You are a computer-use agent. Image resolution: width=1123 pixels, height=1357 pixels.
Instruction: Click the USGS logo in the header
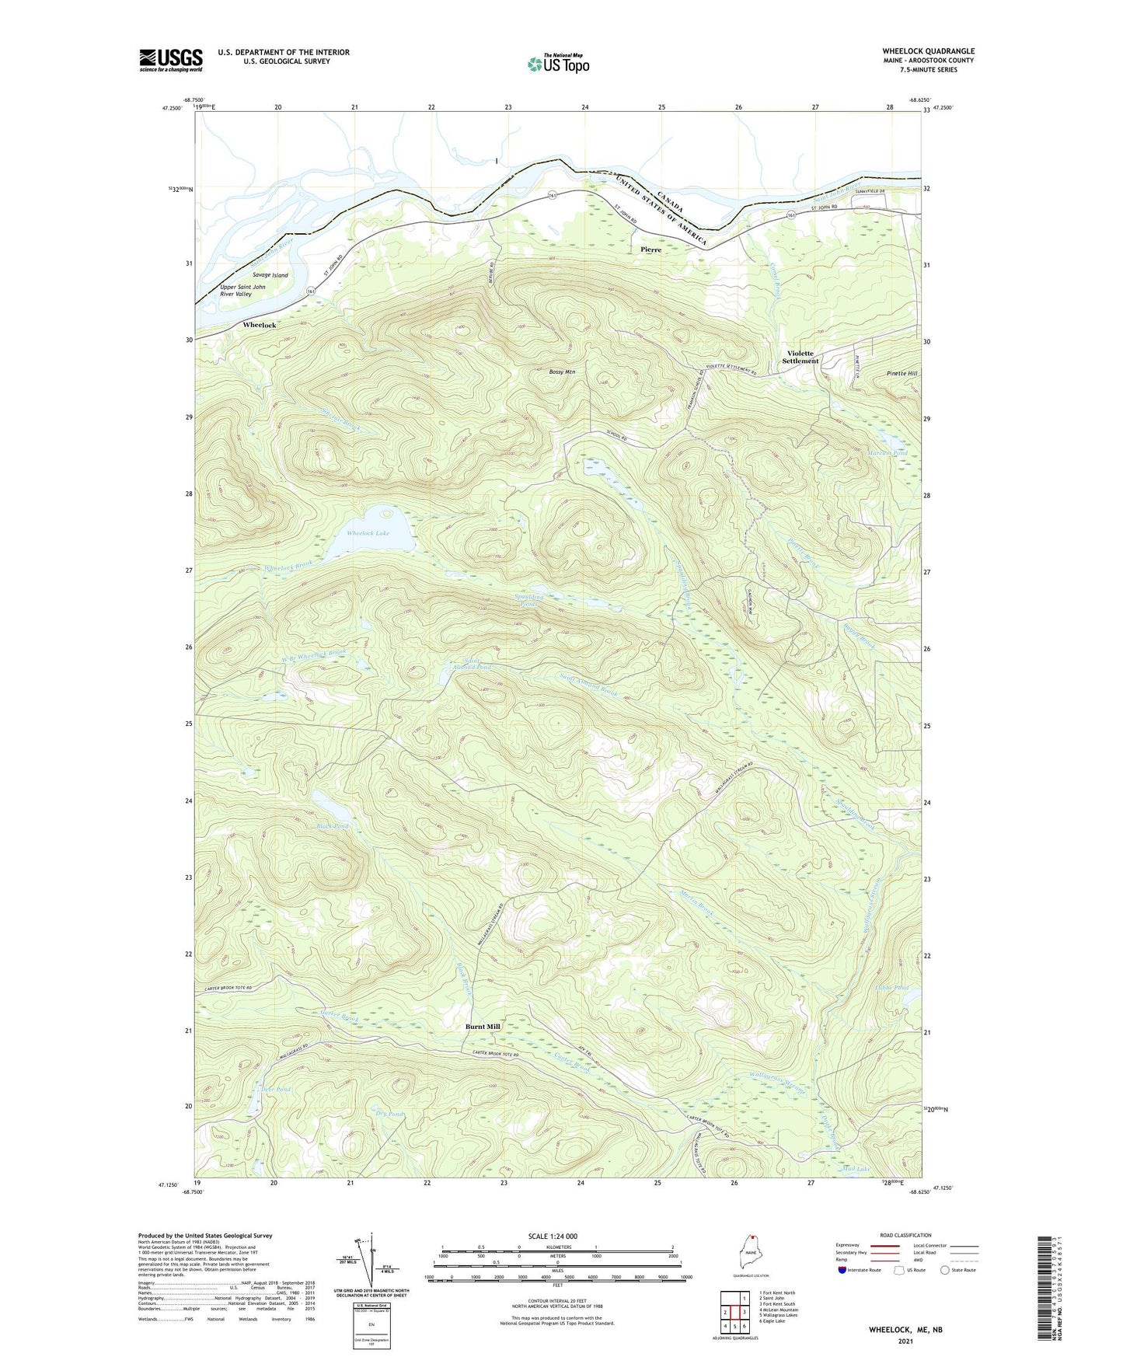tap(171, 60)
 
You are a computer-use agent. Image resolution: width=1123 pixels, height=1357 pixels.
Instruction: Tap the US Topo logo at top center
tap(558, 64)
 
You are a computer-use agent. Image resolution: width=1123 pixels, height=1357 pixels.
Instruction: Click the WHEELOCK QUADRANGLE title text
tap(928, 51)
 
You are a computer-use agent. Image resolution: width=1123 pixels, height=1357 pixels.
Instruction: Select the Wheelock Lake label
tap(368, 533)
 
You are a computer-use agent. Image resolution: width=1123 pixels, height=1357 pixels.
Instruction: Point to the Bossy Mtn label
tap(562, 372)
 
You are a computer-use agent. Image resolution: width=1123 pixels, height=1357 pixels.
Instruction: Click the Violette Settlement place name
tap(800, 357)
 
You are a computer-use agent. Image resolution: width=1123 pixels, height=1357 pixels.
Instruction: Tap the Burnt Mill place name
tap(483, 1026)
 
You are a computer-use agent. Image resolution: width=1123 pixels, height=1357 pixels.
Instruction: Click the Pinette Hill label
tap(902, 374)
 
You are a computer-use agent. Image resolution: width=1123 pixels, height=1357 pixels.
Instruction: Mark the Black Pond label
tap(332, 826)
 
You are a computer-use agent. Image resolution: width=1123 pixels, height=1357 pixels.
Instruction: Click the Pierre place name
tap(650, 249)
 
